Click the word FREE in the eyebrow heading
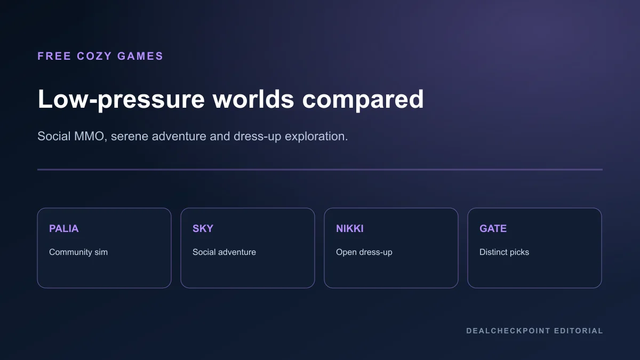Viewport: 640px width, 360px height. point(54,56)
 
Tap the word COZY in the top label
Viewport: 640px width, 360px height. point(94,56)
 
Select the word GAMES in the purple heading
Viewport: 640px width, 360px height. point(140,56)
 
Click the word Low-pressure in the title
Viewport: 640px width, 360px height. point(121,99)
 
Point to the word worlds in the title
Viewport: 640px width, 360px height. point(253,99)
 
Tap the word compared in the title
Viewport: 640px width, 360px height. point(363,99)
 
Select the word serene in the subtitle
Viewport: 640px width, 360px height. point(130,137)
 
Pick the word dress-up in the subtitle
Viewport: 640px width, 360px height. point(258,137)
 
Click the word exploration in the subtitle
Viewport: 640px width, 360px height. point(316,137)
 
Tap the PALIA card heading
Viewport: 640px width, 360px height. point(63,229)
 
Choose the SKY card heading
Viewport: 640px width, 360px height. point(203,229)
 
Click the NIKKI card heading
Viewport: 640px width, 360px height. point(350,229)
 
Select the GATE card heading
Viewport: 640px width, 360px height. point(493,229)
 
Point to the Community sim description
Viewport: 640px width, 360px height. point(78,252)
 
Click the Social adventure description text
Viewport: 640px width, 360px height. point(225,252)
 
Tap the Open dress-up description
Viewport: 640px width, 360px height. point(364,252)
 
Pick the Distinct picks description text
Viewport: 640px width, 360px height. point(505,252)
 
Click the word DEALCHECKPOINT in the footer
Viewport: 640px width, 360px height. point(508,331)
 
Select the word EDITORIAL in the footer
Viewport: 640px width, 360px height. point(579,331)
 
